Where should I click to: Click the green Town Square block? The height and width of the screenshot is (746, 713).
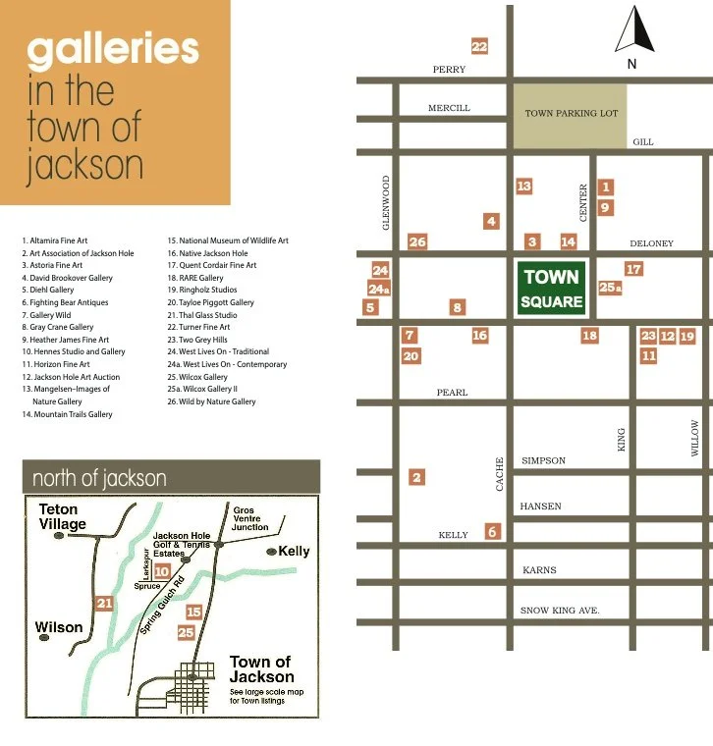pyautogui.click(x=552, y=289)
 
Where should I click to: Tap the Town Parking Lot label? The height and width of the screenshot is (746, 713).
pyautogui.click(x=571, y=114)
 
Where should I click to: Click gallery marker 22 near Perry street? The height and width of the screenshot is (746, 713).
pyautogui.click(x=479, y=46)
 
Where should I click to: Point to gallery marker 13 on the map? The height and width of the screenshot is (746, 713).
pyautogui.click(x=523, y=186)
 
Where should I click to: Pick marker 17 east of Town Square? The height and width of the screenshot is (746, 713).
pyautogui.click(x=633, y=269)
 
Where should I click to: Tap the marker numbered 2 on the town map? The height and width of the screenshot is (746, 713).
pyautogui.click(x=417, y=477)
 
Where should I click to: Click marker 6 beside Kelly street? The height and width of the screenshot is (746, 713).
pyautogui.click(x=492, y=532)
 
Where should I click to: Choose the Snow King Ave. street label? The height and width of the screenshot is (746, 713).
pyautogui.click(x=559, y=611)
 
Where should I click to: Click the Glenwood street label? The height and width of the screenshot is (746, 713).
pyautogui.click(x=386, y=202)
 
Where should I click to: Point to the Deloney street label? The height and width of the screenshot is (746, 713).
pyautogui.click(x=650, y=243)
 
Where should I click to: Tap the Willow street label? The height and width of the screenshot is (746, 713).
pyautogui.click(x=695, y=438)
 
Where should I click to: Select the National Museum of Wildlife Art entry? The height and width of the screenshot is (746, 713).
pyautogui.click(x=227, y=240)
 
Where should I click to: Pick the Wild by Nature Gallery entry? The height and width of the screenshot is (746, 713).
pyautogui.click(x=211, y=401)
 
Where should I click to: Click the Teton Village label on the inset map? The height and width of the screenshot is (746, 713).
pyautogui.click(x=62, y=517)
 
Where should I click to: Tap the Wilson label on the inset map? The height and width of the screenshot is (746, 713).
pyautogui.click(x=59, y=627)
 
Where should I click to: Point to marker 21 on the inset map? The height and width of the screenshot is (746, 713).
pyautogui.click(x=105, y=603)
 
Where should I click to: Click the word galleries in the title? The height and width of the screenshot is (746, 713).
pyautogui.click(x=112, y=48)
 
